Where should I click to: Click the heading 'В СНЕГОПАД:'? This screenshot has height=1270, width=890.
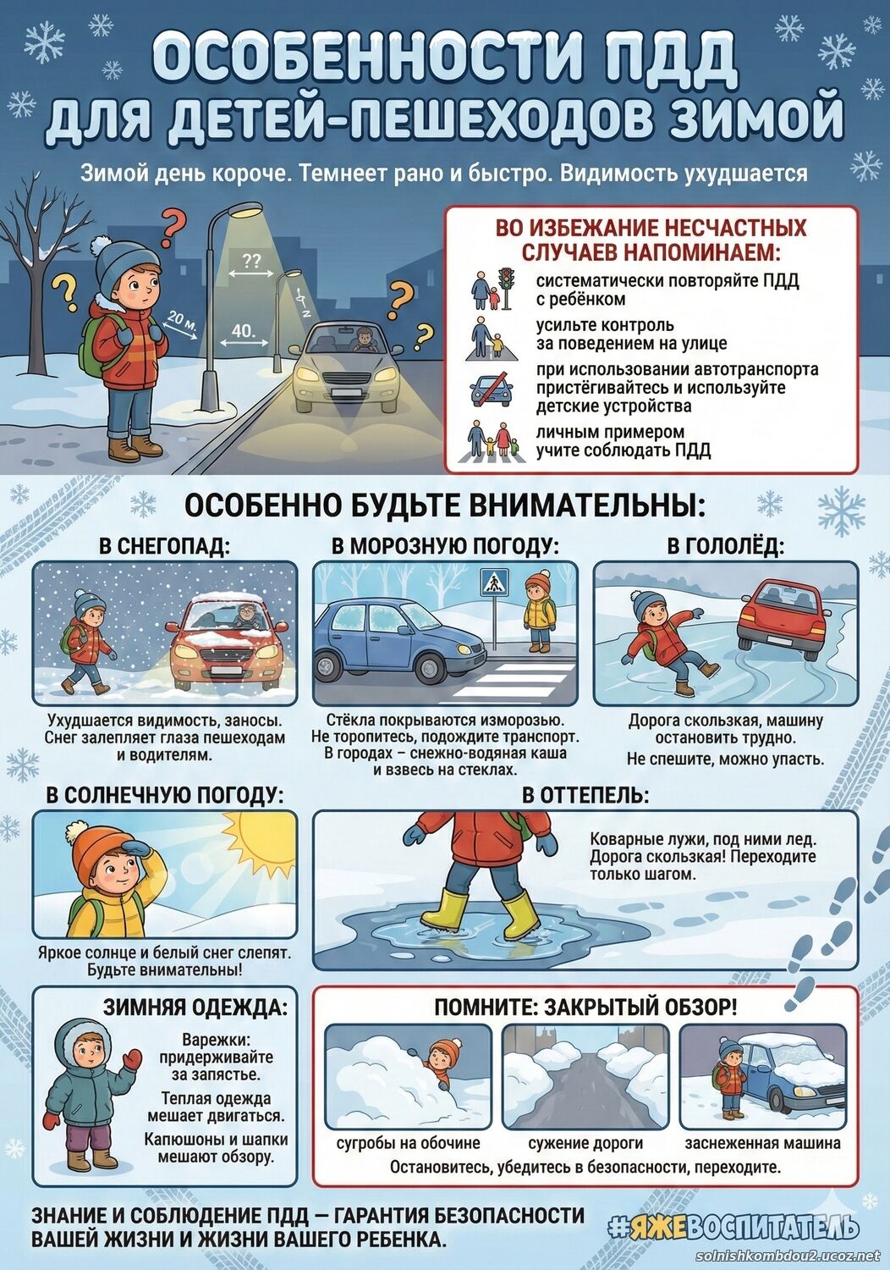165,546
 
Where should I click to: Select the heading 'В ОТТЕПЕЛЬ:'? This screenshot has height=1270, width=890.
585,796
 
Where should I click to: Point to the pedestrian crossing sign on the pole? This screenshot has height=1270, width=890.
495,583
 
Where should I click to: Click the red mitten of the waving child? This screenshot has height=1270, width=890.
133,1057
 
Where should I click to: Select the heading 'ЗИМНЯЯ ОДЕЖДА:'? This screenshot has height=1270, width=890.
195,1007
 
